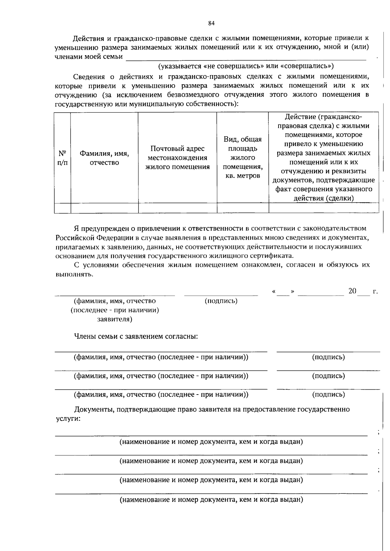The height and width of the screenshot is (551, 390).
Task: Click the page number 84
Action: (x=211, y=23)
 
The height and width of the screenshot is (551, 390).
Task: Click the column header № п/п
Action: (x=62, y=158)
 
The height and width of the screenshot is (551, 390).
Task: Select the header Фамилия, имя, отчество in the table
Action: (x=104, y=158)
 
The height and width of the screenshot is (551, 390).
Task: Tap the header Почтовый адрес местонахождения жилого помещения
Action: (x=177, y=158)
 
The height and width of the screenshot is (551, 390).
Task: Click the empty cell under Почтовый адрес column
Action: (x=177, y=208)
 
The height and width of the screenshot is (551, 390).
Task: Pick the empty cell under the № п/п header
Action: (x=62, y=208)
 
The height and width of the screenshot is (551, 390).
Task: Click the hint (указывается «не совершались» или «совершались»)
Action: (x=246, y=66)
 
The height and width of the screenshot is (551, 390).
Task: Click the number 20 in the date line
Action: (x=352, y=291)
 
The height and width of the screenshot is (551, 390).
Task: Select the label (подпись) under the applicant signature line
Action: (x=221, y=301)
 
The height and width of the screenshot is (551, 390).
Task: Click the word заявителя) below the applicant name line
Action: (x=115, y=319)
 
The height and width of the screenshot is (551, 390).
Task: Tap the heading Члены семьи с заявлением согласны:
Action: (x=136, y=336)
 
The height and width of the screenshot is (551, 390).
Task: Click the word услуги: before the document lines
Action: (x=68, y=419)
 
